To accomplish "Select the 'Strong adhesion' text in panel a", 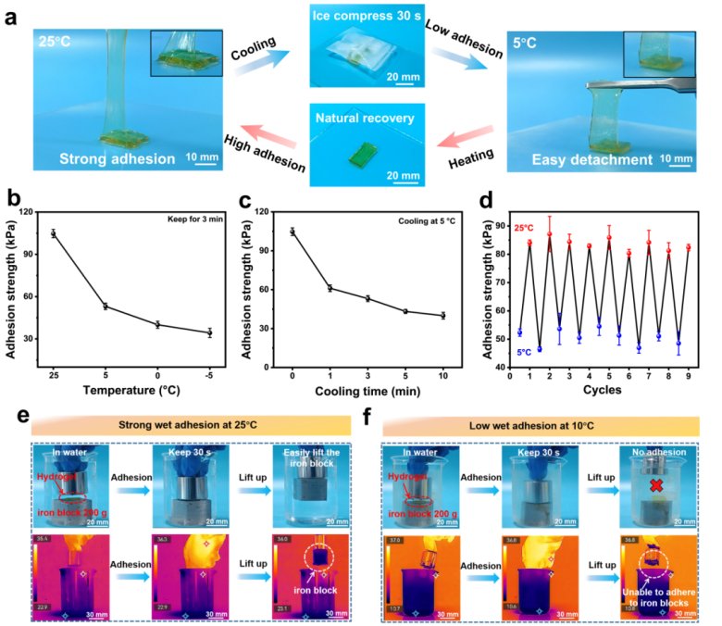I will coord(105,158).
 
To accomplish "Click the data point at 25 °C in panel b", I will coord(54,234).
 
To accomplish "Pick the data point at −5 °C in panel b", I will coord(209,332).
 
